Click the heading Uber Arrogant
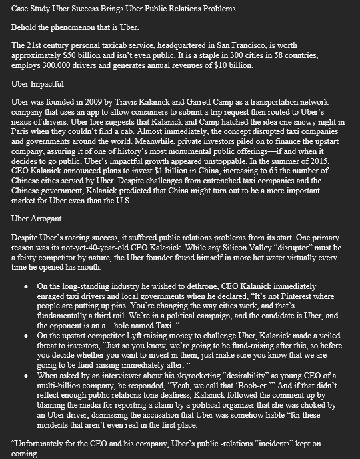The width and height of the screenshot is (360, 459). tap(37, 218)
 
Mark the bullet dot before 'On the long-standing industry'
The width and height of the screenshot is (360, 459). tap(25, 286)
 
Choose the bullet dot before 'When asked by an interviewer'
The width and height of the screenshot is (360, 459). tap(25, 375)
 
